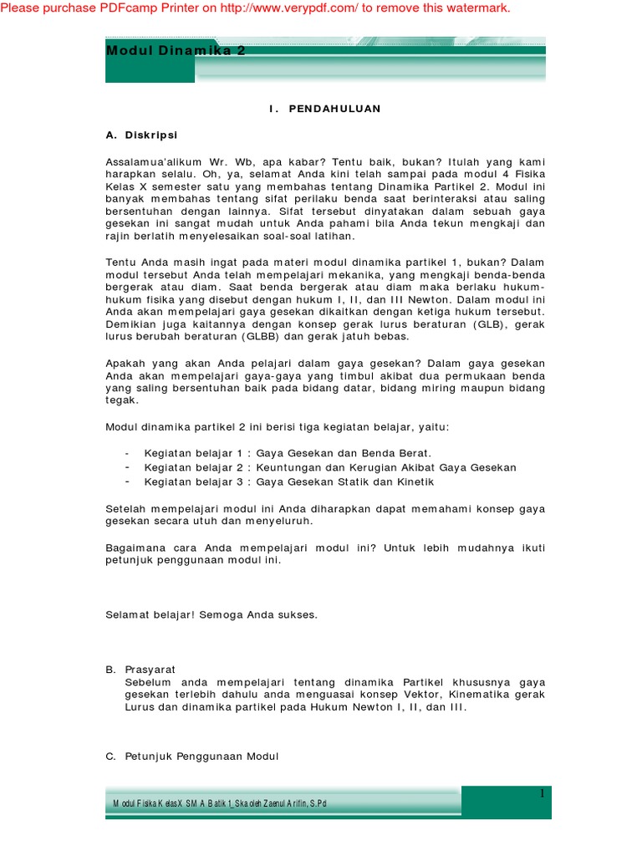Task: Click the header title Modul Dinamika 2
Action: (x=176, y=51)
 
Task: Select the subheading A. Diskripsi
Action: (x=141, y=135)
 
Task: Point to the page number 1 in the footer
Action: (x=542, y=793)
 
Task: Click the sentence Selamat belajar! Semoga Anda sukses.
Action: (x=211, y=614)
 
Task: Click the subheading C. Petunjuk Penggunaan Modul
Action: (x=191, y=757)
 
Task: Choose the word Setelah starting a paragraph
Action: (x=125, y=507)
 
